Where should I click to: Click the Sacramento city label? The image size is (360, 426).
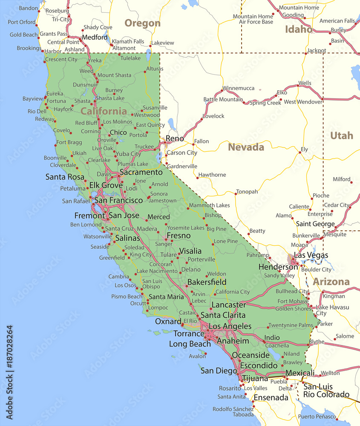141,173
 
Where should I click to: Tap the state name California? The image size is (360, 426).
104,112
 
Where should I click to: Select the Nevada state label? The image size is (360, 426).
246,147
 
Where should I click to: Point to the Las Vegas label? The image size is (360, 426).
311,255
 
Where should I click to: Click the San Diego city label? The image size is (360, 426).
219,371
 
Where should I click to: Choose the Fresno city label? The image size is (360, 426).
179,236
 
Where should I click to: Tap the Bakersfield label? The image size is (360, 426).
207,282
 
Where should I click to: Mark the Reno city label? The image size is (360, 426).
175,138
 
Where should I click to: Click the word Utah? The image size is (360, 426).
342,136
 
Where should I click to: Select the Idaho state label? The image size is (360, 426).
298,29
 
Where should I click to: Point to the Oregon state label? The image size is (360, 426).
142,23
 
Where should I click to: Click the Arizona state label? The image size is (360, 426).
331,282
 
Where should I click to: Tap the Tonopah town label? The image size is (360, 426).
247,192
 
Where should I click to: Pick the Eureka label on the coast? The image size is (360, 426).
55,93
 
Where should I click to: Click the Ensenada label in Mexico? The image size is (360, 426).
271,397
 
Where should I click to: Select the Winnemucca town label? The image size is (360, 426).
238,88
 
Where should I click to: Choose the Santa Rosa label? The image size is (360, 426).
65,177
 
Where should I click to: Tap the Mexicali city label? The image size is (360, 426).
300,373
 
